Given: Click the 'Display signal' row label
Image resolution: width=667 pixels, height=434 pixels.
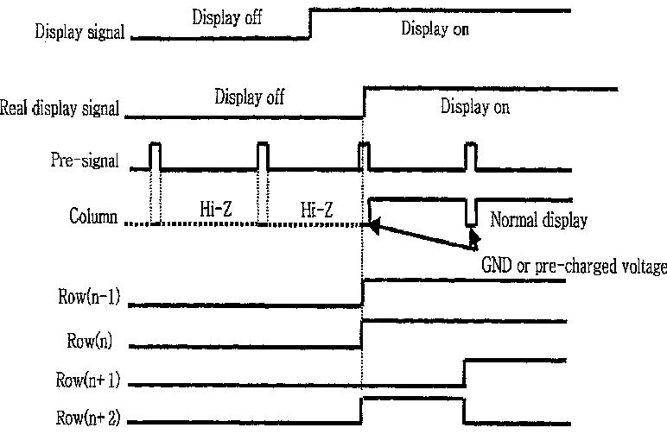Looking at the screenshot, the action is [79, 32].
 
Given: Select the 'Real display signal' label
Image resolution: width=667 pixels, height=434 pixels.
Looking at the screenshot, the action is [60, 108].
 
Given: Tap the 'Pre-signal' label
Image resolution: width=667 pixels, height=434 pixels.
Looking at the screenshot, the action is [84, 160].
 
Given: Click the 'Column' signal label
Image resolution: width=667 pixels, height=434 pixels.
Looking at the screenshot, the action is [93, 216].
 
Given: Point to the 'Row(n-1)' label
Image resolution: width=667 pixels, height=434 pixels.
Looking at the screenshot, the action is [89, 297].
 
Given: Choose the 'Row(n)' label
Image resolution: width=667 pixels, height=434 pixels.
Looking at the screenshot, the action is [89, 341].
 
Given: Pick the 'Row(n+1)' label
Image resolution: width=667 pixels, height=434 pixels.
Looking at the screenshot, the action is [88, 380].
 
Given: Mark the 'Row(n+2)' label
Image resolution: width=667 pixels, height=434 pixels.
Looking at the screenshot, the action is [88, 418].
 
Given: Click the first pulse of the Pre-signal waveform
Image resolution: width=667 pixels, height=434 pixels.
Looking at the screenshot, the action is [156, 156].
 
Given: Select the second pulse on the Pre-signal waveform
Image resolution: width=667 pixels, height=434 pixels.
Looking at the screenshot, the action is [263, 156].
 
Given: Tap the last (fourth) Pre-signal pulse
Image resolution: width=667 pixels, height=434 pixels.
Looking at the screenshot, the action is [471, 156].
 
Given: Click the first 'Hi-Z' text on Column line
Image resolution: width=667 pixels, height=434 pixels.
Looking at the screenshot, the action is [216, 209].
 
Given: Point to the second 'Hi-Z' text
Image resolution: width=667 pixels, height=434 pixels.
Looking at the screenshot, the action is [316, 210].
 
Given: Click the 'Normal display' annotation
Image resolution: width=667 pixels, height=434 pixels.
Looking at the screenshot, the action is [538, 220].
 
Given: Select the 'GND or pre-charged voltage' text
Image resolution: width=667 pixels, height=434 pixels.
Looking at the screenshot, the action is [574, 266].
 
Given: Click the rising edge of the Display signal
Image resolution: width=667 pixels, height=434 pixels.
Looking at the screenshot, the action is [310, 24].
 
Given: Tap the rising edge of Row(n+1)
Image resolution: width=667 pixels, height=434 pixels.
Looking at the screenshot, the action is [465, 374].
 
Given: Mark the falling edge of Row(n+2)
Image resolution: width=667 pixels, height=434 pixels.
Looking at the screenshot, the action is [463, 411].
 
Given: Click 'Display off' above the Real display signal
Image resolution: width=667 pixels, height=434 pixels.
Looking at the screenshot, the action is [250, 97].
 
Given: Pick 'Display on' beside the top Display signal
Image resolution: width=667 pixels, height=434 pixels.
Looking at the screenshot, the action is [435, 28].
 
